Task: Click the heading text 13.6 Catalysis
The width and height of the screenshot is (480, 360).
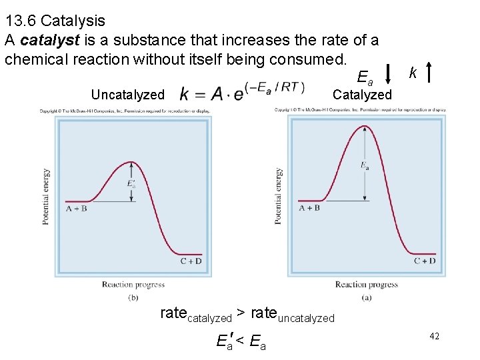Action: [55, 22]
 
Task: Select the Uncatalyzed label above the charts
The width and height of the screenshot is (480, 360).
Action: [127, 95]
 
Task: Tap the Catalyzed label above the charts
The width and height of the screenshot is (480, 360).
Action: [362, 95]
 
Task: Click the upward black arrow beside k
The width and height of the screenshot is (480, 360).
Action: [434, 73]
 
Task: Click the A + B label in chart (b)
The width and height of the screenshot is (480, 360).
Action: [77, 209]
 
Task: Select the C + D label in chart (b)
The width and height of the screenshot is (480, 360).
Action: [191, 261]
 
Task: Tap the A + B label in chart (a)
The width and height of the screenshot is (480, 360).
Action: [309, 208]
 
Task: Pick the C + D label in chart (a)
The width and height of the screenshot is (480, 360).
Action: [425, 261]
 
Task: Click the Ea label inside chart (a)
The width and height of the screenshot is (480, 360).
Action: [365, 165]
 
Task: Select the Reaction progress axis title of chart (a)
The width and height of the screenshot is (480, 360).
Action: [367, 285]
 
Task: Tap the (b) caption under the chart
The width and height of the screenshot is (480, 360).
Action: [133, 297]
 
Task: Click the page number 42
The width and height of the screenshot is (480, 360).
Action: [434, 338]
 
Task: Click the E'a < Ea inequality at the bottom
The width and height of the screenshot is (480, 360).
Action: [241, 343]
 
